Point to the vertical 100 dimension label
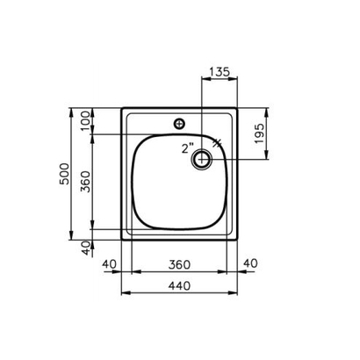85,121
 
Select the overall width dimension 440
179,284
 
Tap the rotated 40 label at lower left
85,247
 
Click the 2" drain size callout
187,148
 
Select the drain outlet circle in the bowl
203,159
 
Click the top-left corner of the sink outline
120,110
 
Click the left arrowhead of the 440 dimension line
123,292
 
